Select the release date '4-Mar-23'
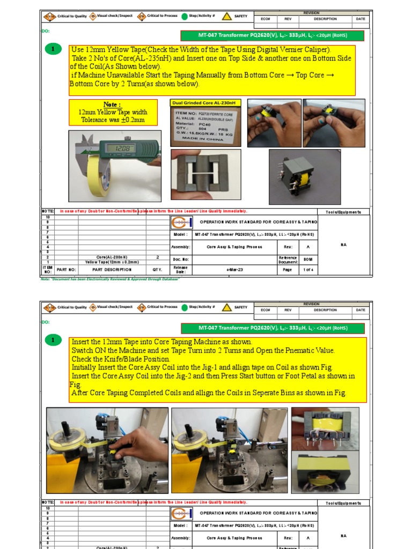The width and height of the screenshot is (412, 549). [235, 270]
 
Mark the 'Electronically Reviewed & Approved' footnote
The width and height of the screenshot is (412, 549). [123, 279]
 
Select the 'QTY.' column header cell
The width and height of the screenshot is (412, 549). [157, 270]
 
